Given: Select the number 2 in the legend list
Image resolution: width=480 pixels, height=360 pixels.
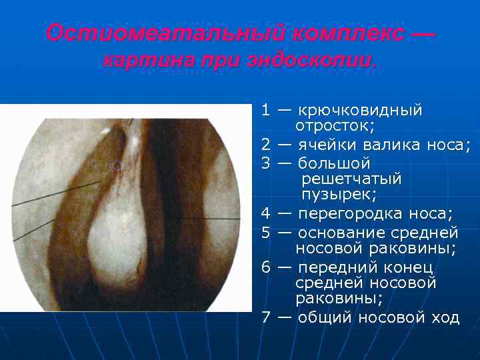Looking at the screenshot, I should click(265, 145).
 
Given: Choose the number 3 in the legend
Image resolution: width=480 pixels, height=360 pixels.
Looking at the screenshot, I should click(265, 162).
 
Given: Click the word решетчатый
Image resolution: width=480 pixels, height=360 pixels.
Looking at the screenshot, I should click(351, 179).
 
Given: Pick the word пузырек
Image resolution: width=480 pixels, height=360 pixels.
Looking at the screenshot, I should click(339, 195).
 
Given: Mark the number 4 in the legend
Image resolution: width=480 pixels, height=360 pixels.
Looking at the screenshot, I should click(265, 213).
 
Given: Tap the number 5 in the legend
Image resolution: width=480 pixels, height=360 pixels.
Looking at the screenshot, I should click(265, 232).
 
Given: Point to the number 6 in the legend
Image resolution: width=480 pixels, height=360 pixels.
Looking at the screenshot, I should click(265, 267).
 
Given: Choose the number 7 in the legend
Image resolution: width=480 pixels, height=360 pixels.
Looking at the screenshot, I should click(265, 317).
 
